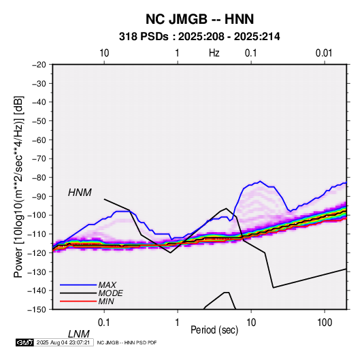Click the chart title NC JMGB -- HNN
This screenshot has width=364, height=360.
(x=199, y=19)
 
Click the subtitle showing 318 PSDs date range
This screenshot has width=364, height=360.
(x=199, y=37)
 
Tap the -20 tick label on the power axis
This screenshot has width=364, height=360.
(x=39, y=65)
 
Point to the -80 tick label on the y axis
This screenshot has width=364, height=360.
(x=39, y=178)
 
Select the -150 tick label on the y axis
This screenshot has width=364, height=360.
(x=37, y=310)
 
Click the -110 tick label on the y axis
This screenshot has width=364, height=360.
(x=37, y=234)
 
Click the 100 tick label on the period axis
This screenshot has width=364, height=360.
(x=325, y=323)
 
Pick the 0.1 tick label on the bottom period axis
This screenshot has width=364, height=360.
(x=104, y=323)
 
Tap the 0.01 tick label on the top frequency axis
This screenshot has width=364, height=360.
(x=324, y=53)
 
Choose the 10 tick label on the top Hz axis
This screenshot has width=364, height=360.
(x=104, y=53)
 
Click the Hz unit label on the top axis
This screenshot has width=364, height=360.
(x=214, y=53)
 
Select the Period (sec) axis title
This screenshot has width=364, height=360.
(x=214, y=330)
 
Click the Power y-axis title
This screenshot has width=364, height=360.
(x=18, y=186)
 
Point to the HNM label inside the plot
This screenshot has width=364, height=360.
(x=80, y=193)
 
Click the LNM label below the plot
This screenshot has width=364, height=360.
(x=78, y=334)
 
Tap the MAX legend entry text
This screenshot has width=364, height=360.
(x=107, y=284)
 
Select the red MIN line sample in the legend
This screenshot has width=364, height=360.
(x=78, y=301)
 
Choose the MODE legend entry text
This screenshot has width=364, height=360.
(x=110, y=293)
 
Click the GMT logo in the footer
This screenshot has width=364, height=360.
(x=24, y=342)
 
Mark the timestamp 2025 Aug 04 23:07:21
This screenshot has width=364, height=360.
(x=63, y=342)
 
